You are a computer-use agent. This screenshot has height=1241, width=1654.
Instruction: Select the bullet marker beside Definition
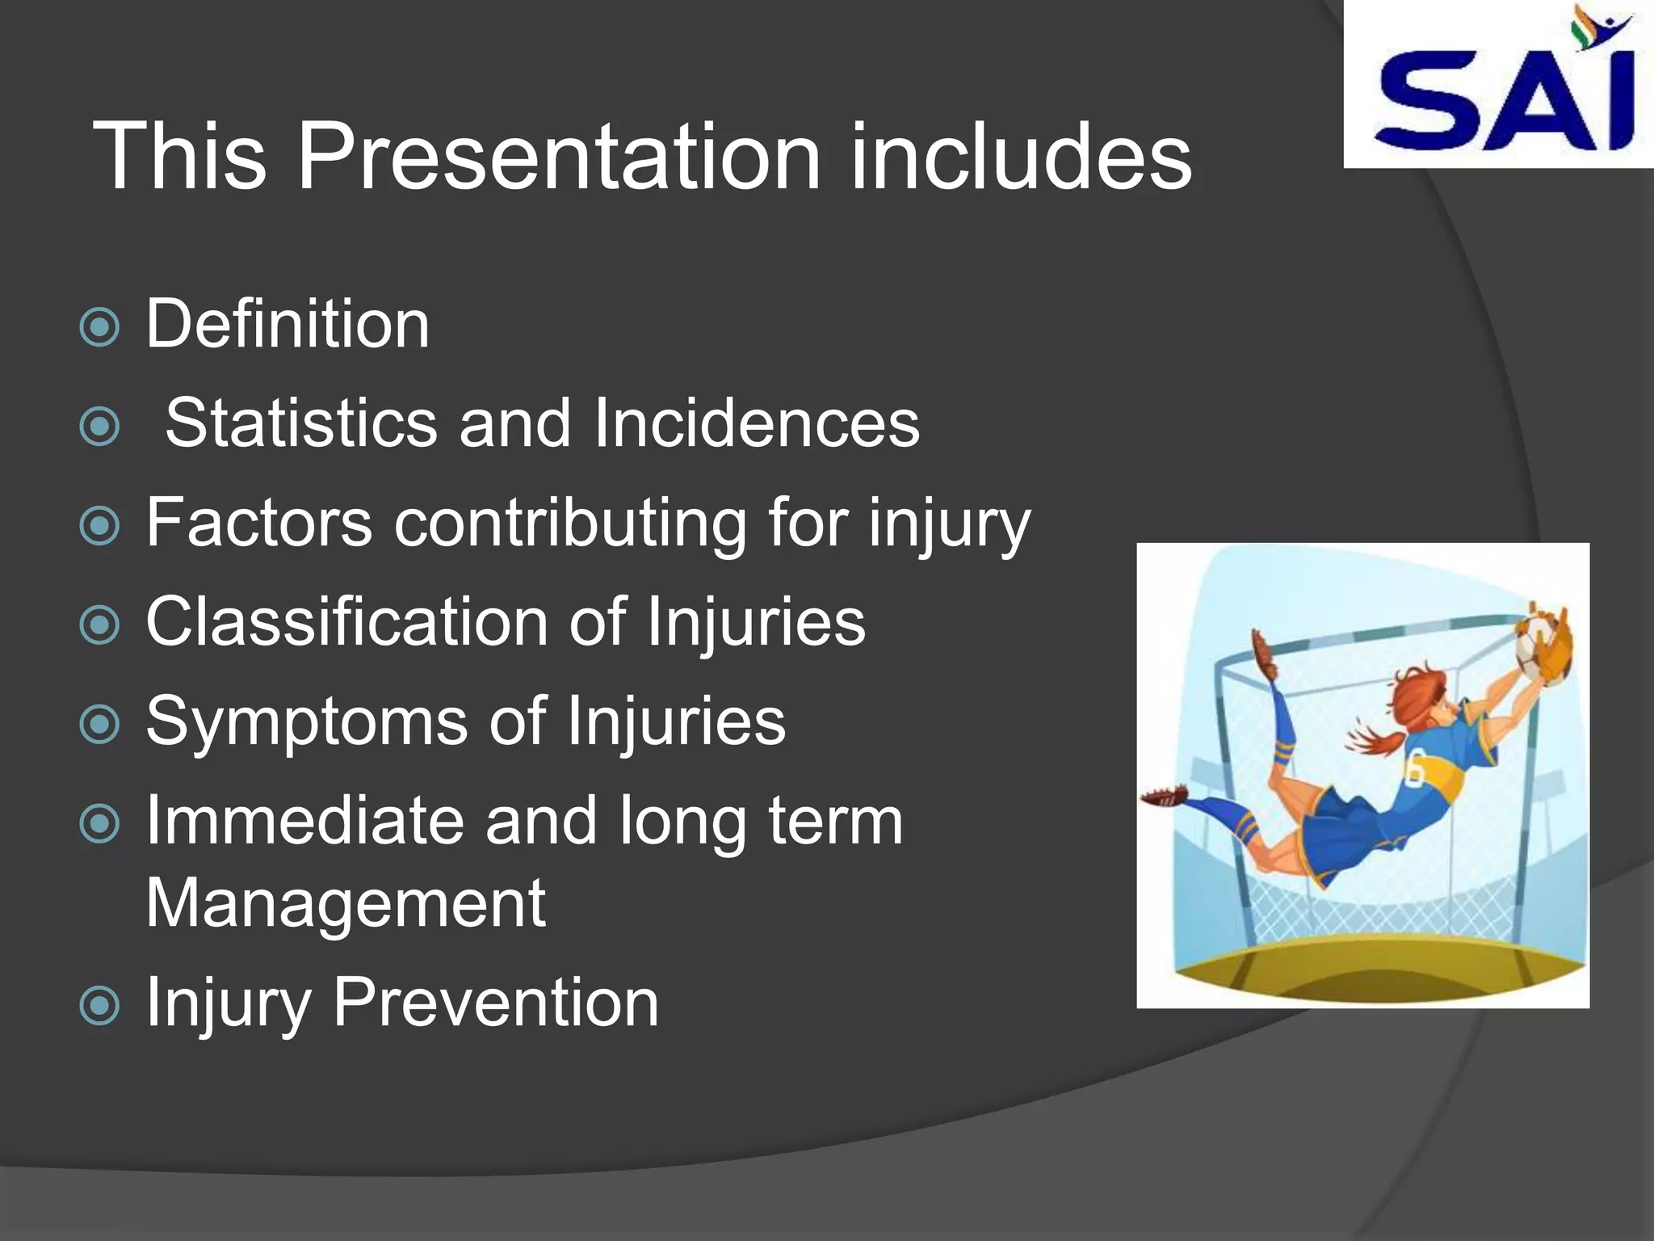[100, 328]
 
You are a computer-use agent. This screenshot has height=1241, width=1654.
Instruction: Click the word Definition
[288, 325]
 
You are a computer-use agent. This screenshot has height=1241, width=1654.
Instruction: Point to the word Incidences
[756, 423]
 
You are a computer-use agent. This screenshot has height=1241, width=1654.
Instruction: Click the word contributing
[570, 524]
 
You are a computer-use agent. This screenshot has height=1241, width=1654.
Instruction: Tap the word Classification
[347, 622]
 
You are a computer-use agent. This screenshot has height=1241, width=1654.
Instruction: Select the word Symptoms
[307, 722]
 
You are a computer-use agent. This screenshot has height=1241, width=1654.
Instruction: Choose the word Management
[346, 904]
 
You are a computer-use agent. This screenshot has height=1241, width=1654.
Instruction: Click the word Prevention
[496, 1003]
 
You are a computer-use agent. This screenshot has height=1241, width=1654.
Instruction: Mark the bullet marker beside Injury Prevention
[100, 1006]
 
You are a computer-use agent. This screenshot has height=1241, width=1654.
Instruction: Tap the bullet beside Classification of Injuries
[100, 625]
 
